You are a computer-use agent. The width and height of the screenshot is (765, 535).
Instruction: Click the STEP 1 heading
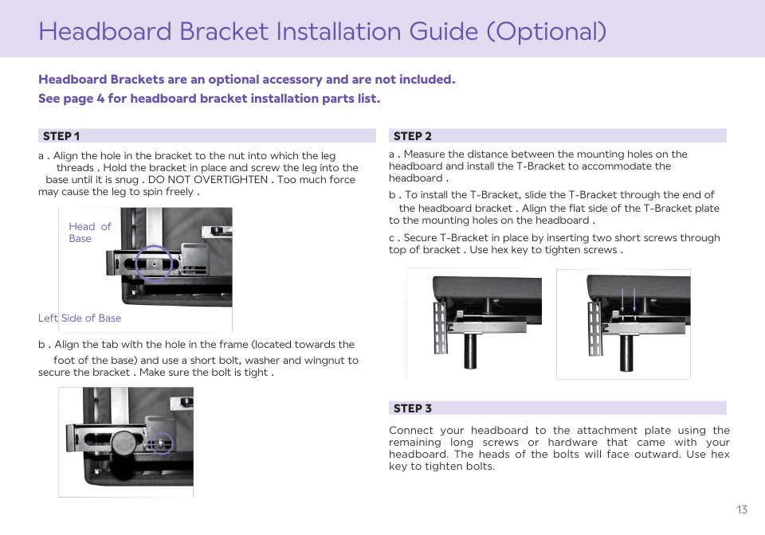click(x=61, y=136)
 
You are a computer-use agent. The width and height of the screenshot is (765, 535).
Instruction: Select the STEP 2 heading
click(x=412, y=136)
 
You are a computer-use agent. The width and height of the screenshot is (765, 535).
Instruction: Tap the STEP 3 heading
click(x=412, y=408)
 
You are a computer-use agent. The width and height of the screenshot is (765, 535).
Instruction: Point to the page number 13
click(x=742, y=510)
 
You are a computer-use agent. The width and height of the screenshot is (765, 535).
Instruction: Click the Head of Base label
click(x=90, y=232)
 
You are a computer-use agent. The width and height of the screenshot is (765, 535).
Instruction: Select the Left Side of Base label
click(x=80, y=318)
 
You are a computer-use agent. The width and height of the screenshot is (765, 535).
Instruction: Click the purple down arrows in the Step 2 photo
click(x=629, y=299)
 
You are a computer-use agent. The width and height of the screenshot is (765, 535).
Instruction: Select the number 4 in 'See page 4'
click(x=100, y=99)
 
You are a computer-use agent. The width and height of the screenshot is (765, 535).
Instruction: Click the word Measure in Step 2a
click(x=424, y=154)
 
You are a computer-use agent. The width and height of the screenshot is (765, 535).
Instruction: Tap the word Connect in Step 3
click(x=411, y=430)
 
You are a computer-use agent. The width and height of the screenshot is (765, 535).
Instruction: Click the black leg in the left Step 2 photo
click(x=470, y=351)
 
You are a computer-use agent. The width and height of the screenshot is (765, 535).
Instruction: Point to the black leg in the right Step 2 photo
click(x=626, y=353)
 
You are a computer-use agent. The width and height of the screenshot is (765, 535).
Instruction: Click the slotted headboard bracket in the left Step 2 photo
click(x=440, y=326)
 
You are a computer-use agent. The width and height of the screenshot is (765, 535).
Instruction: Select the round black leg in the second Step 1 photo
click(x=124, y=444)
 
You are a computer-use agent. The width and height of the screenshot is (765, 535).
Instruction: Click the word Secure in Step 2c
click(x=420, y=238)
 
